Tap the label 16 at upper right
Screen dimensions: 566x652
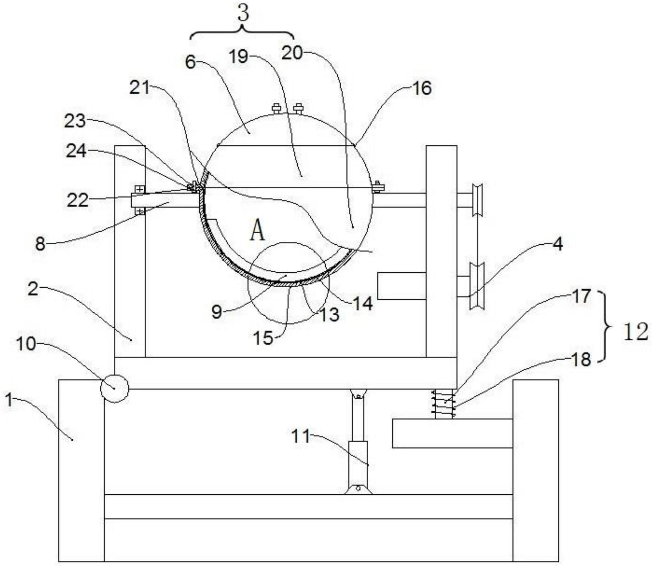point(422,88)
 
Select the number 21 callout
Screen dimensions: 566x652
point(140,88)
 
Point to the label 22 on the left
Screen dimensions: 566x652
point(77,201)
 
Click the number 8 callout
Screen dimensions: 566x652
point(40,244)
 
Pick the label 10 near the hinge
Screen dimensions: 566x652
point(26,344)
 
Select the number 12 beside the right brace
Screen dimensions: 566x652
point(636,332)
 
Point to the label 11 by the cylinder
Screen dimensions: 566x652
point(300,436)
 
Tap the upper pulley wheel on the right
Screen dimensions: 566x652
point(477,199)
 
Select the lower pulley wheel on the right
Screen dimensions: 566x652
point(477,286)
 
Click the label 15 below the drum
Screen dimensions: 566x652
point(263,338)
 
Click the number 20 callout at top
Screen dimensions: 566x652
point(292,53)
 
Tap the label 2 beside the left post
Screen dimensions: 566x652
point(33,290)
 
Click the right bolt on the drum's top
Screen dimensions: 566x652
point(298,108)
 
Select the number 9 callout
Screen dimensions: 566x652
point(216,312)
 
